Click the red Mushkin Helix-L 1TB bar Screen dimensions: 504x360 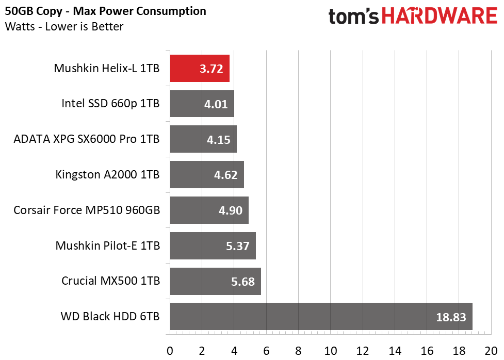(200, 69)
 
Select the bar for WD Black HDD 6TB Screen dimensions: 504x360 (321, 316)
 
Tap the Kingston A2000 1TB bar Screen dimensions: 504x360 (207, 174)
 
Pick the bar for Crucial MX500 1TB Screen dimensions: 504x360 (215, 281)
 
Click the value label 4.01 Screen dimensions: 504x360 (216, 104)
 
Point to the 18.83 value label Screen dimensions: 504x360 (451, 317)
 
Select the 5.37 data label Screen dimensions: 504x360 (237, 246)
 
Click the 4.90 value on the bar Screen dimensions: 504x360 (231, 210)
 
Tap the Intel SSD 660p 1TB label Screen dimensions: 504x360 (110, 104)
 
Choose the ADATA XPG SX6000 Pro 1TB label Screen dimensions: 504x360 (87, 139)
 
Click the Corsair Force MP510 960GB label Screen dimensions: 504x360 (87, 210)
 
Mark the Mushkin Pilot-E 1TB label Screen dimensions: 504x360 (108, 246)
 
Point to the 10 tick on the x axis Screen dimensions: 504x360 (331, 351)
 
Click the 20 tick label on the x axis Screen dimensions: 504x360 (491, 351)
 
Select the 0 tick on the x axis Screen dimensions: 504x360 (170, 351)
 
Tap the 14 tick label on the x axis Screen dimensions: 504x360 (395, 351)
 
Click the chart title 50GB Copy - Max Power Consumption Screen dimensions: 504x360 (105, 11)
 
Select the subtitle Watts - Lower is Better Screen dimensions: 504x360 (64, 26)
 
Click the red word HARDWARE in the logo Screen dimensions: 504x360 (440, 16)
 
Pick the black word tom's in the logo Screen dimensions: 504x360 (353, 17)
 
